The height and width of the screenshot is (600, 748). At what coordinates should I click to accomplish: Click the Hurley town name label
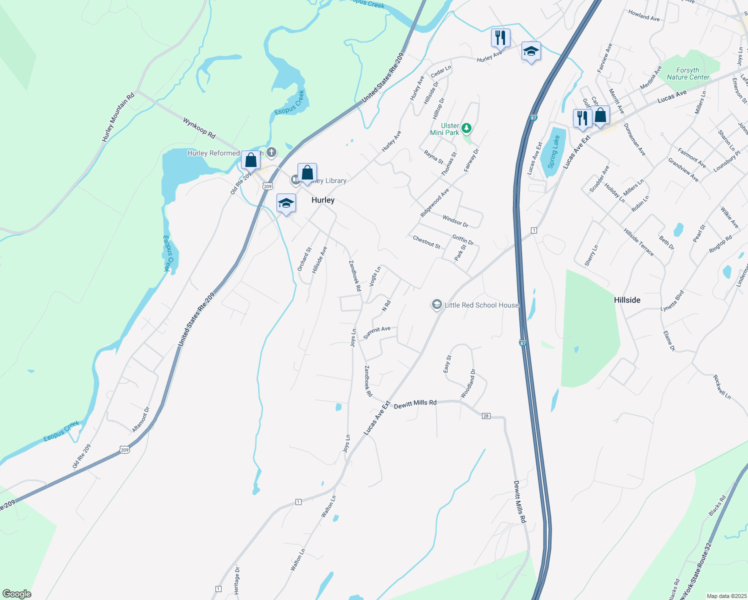(x=323, y=200)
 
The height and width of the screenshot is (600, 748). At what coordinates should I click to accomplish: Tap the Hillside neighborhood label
(x=627, y=300)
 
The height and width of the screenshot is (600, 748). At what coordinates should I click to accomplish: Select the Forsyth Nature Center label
(x=688, y=73)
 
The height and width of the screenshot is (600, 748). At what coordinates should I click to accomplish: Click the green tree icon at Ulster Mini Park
(x=466, y=128)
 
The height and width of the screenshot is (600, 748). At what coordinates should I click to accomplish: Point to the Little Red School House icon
(x=437, y=304)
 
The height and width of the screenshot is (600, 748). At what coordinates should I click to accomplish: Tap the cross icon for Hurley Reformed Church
(x=271, y=152)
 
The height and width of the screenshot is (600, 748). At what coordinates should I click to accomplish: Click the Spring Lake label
(x=554, y=151)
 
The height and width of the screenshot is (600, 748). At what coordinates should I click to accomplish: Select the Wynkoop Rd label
(x=199, y=128)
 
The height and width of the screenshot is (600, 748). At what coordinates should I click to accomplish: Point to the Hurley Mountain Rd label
(x=118, y=117)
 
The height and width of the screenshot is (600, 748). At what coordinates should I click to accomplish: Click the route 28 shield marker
(x=486, y=416)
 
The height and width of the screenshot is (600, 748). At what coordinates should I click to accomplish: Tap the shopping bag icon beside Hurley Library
(x=307, y=173)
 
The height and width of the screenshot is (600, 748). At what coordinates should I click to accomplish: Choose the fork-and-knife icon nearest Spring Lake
(x=582, y=118)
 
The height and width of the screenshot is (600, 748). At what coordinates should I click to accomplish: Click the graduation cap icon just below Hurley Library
(x=286, y=203)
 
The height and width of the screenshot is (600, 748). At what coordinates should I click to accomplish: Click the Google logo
(x=16, y=593)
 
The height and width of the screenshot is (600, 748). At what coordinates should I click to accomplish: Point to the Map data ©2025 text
(x=726, y=596)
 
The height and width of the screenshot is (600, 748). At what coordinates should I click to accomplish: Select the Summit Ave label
(x=377, y=332)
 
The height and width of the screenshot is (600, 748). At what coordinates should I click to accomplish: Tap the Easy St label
(x=447, y=364)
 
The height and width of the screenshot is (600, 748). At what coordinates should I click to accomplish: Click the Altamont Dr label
(x=141, y=419)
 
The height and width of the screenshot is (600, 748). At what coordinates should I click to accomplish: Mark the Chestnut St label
(x=426, y=242)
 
